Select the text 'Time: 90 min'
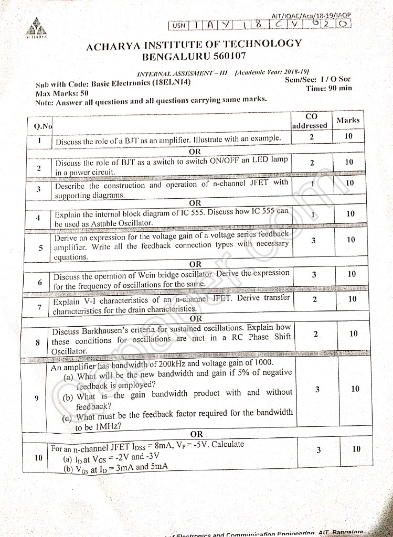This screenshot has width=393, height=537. (x=329, y=88)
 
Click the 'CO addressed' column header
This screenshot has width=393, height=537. (x=310, y=121)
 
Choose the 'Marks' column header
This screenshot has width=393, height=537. (x=348, y=120)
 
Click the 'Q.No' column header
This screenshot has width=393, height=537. (x=43, y=126)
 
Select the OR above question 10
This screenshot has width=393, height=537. (x=196, y=434)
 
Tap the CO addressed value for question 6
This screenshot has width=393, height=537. (x=313, y=274)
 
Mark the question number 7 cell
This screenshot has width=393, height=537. (x=39, y=307)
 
